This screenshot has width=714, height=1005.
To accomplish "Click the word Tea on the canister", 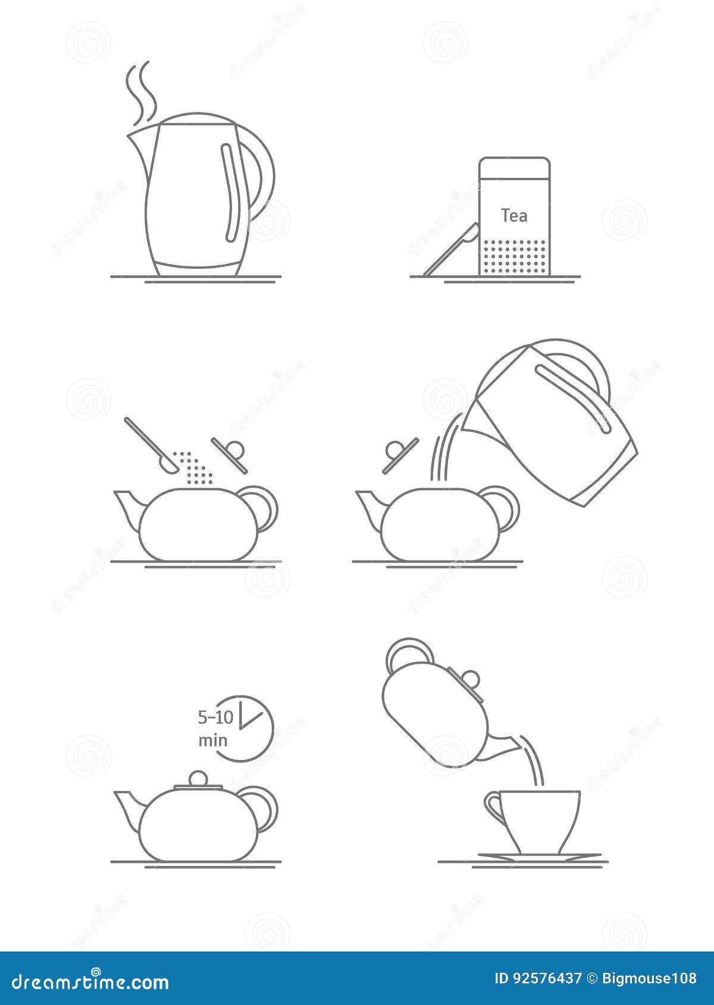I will (513, 215).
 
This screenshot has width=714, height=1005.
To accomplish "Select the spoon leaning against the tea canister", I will (450, 250).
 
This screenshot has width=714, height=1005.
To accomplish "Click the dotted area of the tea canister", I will (514, 257).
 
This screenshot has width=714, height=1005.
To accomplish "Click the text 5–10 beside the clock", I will (215, 717).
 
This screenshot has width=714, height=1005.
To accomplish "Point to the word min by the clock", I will (212, 740).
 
